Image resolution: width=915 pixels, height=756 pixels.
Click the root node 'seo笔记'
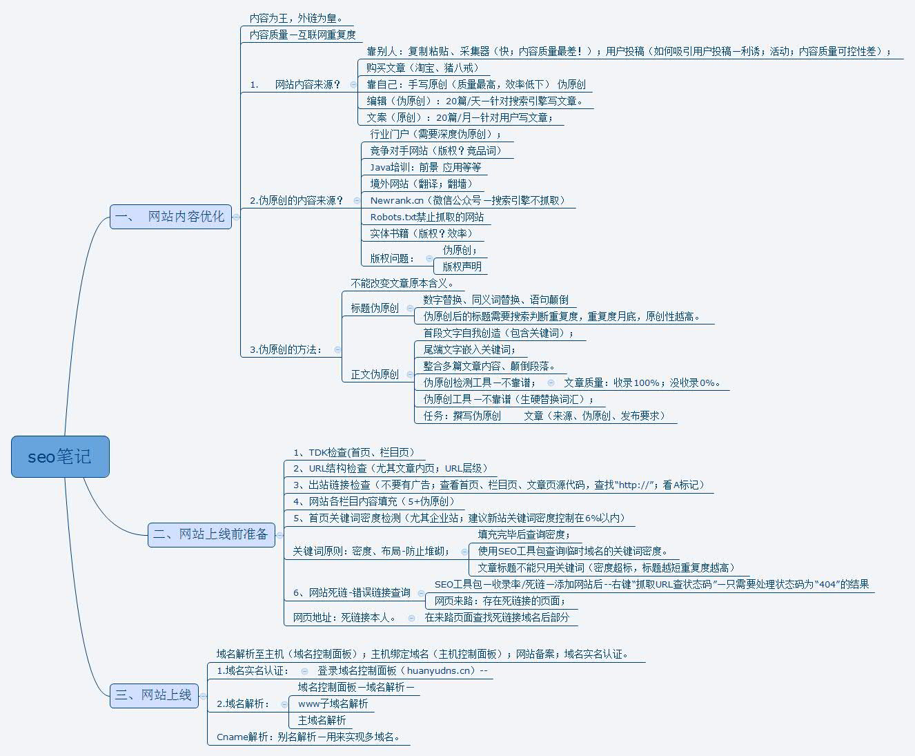click(x=60, y=456)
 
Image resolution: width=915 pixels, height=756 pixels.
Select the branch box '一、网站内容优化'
click(x=170, y=217)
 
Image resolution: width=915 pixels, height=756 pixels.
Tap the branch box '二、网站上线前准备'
click(x=211, y=534)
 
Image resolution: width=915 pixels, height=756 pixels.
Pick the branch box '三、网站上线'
click(x=154, y=695)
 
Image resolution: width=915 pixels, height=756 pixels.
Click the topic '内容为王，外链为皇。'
click(x=295, y=18)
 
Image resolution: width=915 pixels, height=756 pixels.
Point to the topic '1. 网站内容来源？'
click(x=296, y=84)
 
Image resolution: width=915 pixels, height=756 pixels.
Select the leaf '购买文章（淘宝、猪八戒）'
click(x=422, y=68)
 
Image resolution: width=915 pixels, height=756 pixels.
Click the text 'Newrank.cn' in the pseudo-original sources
click(x=397, y=200)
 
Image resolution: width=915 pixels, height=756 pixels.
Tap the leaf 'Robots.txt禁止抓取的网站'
click(x=426, y=217)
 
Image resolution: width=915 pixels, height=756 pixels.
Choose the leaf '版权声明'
click(x=462, y=266)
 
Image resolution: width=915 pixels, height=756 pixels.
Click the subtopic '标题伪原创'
click(x=375, y=308)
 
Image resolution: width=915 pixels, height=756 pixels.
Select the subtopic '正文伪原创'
click(x=375, y=374)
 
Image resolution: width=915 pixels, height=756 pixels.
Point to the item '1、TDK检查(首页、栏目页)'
click(x=353, y=452)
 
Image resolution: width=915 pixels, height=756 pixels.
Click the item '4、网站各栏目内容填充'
click(x=373, y=501)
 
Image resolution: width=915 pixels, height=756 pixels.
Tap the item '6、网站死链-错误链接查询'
click(x=351, y=592)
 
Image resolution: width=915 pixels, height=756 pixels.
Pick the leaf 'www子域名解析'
click(x=333, y=704)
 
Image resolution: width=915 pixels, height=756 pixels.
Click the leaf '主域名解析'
click(x=322, y=720)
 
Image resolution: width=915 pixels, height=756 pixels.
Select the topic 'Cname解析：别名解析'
click(x=308, y=737)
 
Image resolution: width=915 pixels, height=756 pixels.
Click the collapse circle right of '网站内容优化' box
click(x=236, y=217)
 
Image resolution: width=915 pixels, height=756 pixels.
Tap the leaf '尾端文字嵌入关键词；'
click(x=469, y=349)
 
